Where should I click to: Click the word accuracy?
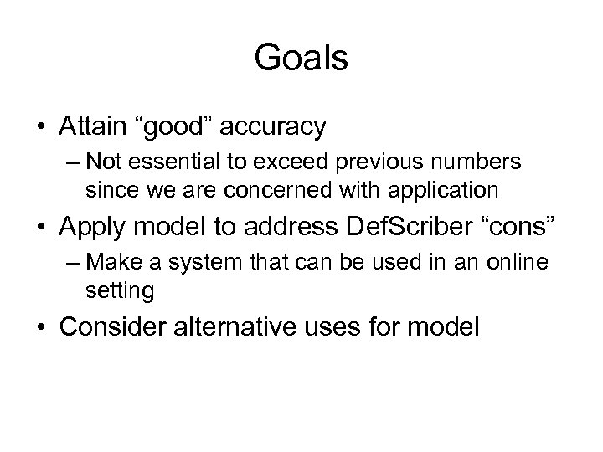(275, 128)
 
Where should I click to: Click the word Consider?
(115, 327)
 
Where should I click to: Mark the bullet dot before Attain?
(41, 128)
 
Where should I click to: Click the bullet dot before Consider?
(41, 328)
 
